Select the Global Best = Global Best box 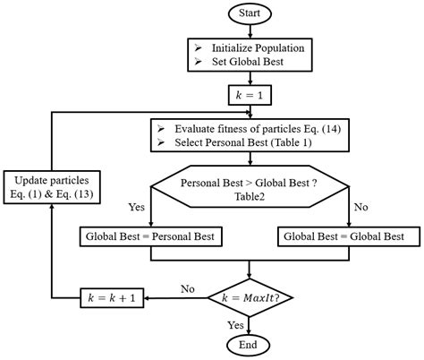point(343,237)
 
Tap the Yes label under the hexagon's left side point(137,205)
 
